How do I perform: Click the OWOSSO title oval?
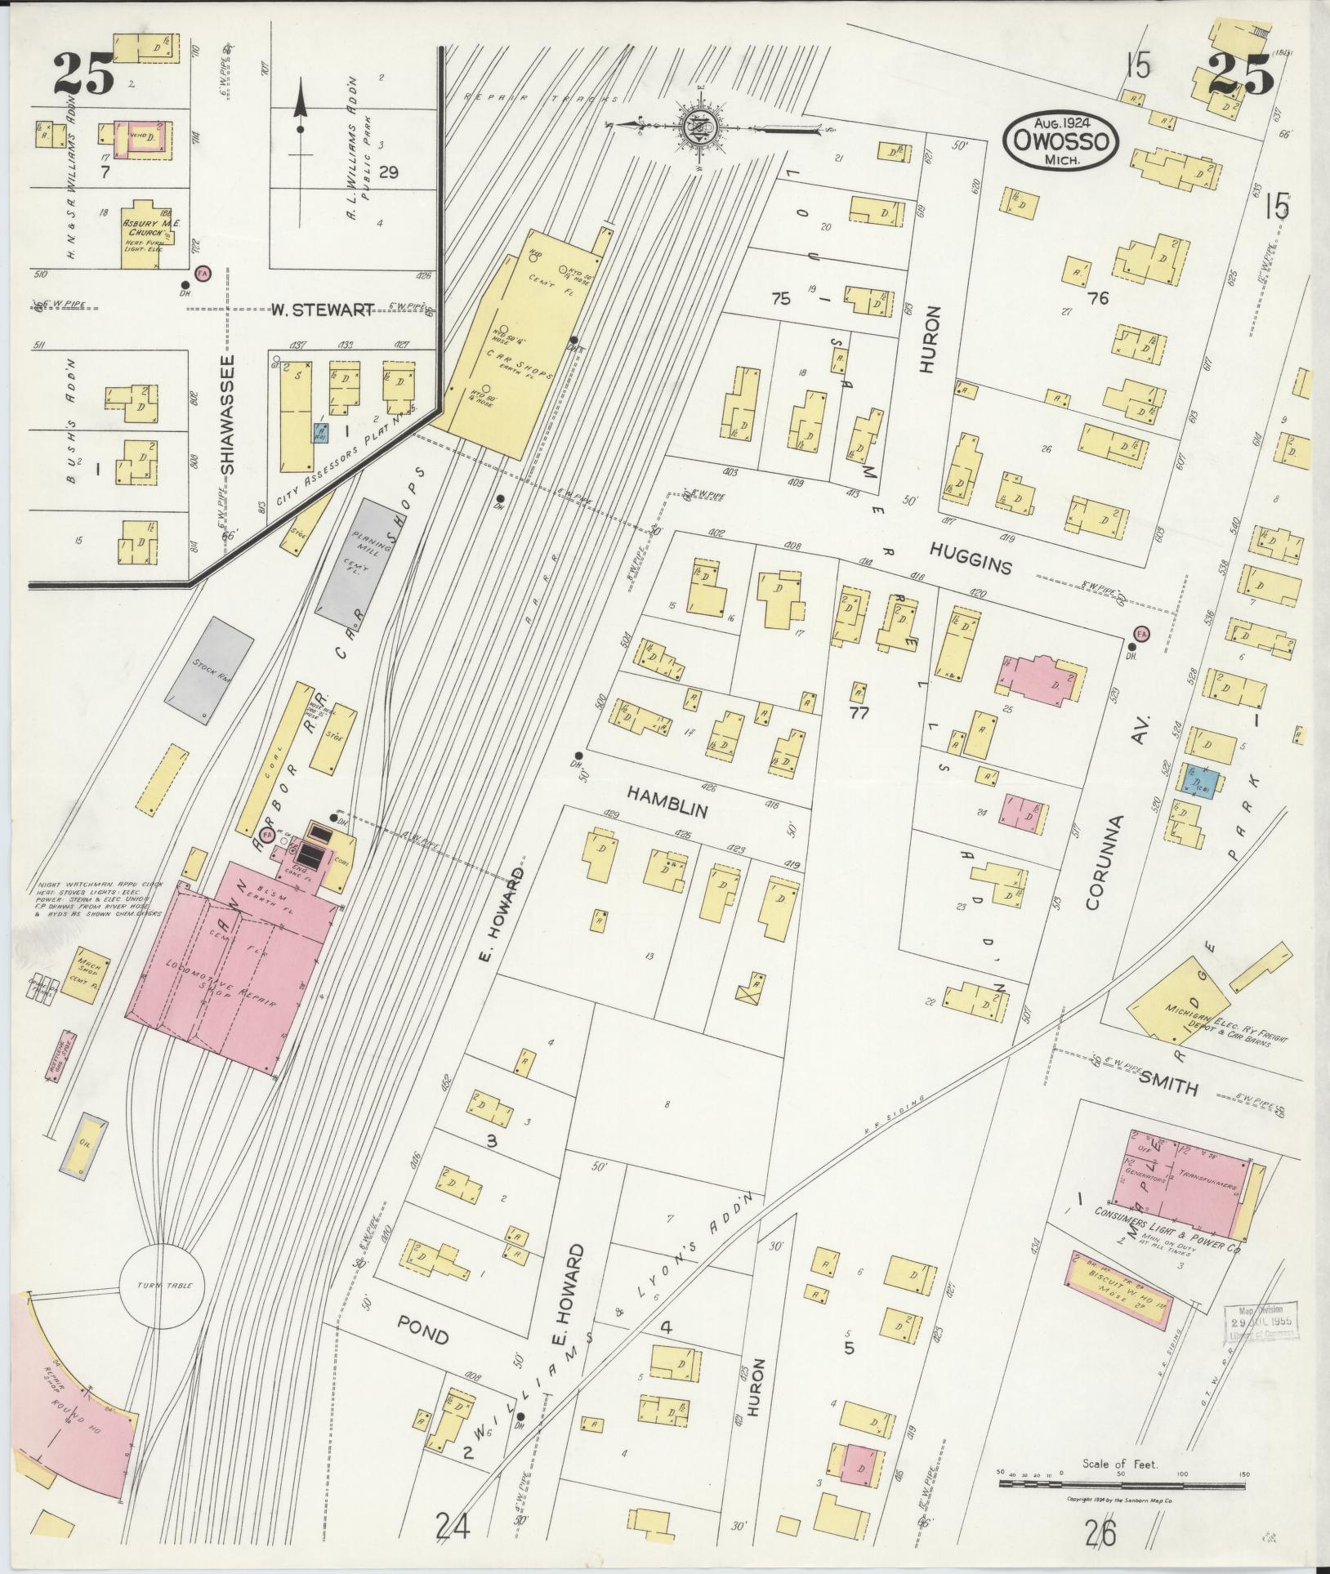coord(1061,140)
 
